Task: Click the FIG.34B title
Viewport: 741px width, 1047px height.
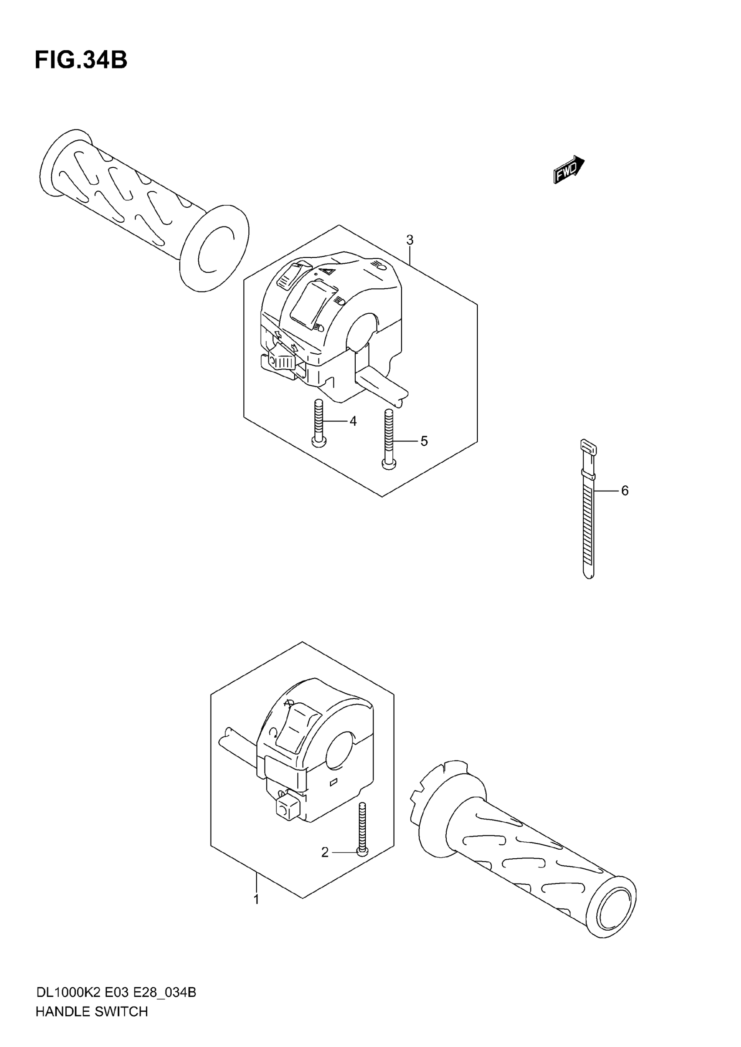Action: tap(81, 60)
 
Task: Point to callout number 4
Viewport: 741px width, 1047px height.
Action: tap(353, 421)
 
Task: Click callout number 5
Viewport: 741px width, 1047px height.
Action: tap(424, 441)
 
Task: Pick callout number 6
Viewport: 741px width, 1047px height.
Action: tap(625, 491)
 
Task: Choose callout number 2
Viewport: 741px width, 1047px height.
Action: tap(325, 852)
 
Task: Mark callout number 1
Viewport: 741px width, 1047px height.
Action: tap(256, 899)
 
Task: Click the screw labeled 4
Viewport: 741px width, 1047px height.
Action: tap(319, 422)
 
